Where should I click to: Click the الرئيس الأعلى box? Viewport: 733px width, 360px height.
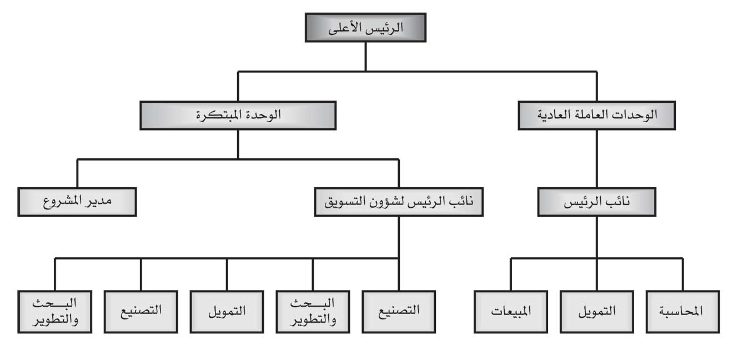click(x=365, y=27)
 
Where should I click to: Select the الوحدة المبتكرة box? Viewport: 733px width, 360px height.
click(x=238, y=116)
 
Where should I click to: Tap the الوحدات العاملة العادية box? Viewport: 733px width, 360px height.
click(x=597, y=116)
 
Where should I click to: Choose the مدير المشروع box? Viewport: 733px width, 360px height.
click(x=77, y=202)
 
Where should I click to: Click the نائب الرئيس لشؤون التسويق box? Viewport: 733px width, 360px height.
click(x=399, y=202)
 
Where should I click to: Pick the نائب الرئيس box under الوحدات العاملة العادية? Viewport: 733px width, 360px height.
click(x=597, y=202)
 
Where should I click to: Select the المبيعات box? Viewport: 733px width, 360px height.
click(x=511, y=312)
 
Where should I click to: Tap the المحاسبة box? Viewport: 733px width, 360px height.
click(x=683, y=312)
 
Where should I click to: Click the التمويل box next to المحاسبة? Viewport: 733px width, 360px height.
click(x=597, y=312)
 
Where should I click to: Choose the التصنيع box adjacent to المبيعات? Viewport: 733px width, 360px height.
click(x=399, y=312)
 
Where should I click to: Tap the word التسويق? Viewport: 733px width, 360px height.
click(x=343, y=202)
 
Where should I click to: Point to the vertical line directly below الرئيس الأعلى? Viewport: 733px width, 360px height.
click(x=365, y=57)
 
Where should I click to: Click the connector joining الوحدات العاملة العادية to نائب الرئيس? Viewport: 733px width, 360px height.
click(x=597, y=159)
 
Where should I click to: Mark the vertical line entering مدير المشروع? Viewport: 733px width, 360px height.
click(x=77, y=173)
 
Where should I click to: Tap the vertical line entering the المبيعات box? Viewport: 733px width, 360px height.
click(x=511, y=274)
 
